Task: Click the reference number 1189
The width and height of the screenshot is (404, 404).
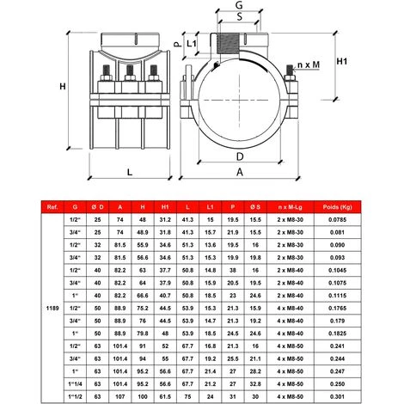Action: [x=55, y=303]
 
